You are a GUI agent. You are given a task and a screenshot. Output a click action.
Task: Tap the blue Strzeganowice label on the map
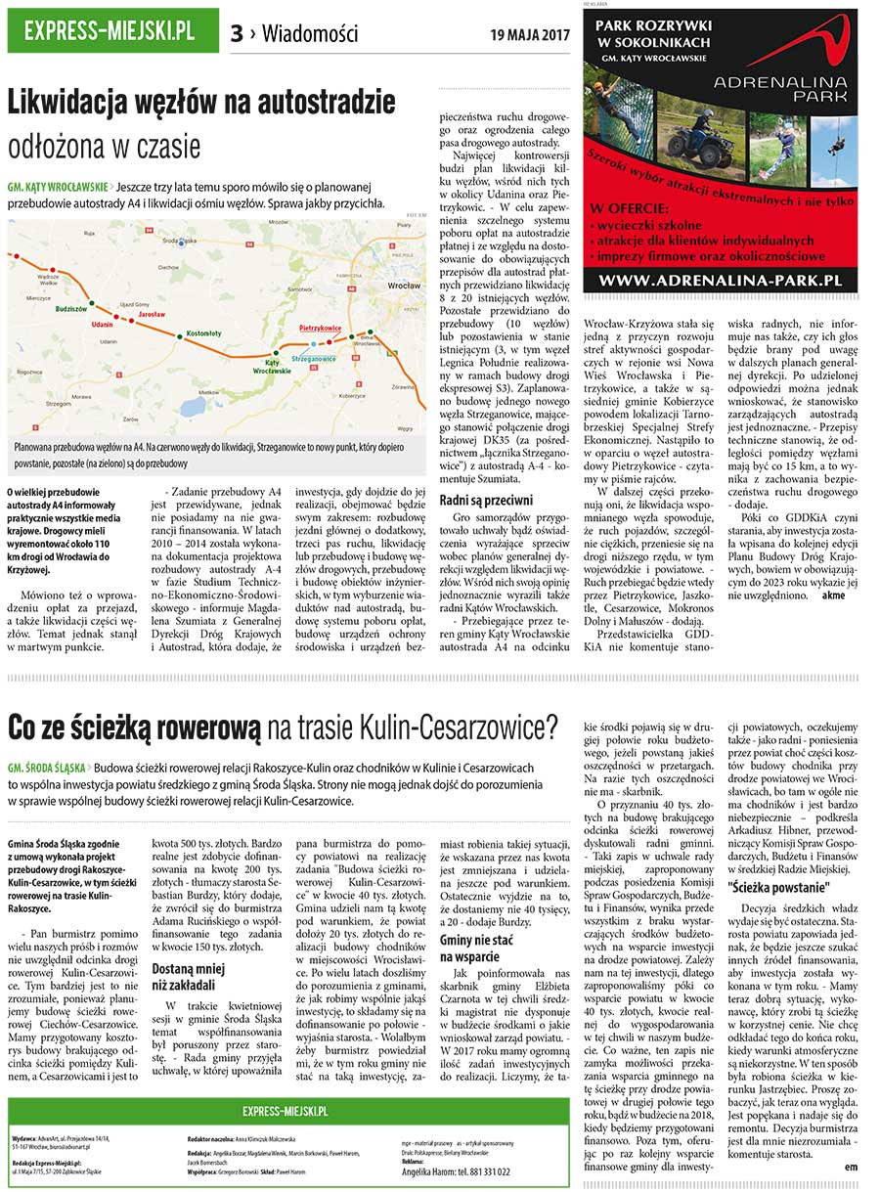[x=314, y=359]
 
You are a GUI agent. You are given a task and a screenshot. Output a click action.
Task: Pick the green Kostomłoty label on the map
[x=203, y=333]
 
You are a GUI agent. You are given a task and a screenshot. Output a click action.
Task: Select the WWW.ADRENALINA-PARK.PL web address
[x=721, y=280]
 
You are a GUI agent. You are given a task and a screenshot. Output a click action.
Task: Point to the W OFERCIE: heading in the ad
[x=630, y=208]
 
